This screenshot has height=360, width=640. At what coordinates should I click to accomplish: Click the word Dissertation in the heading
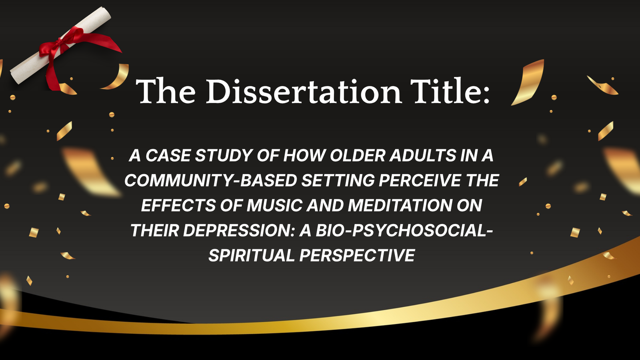tap(304, 91)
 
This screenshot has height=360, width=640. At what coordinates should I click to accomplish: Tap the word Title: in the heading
tap(451, 90)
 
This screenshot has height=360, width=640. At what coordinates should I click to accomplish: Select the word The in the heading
tap(166, 91)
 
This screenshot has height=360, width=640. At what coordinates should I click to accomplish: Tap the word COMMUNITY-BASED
tap(211, 180)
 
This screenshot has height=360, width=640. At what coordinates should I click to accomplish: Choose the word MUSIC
tap(274, 205)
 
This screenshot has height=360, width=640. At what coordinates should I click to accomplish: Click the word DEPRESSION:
tap(239, 231)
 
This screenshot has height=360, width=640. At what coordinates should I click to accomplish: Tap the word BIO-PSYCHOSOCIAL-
tap(404, 231)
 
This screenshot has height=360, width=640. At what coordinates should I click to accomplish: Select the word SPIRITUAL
tap(252, 255)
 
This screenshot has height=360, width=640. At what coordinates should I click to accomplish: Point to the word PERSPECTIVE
tap(357, 255)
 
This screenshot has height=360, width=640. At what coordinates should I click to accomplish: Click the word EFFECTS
tap(178, 205)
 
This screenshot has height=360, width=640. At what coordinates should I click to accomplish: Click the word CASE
tap(168, 156)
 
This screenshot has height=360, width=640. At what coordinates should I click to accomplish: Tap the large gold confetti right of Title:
tap(528, 82)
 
